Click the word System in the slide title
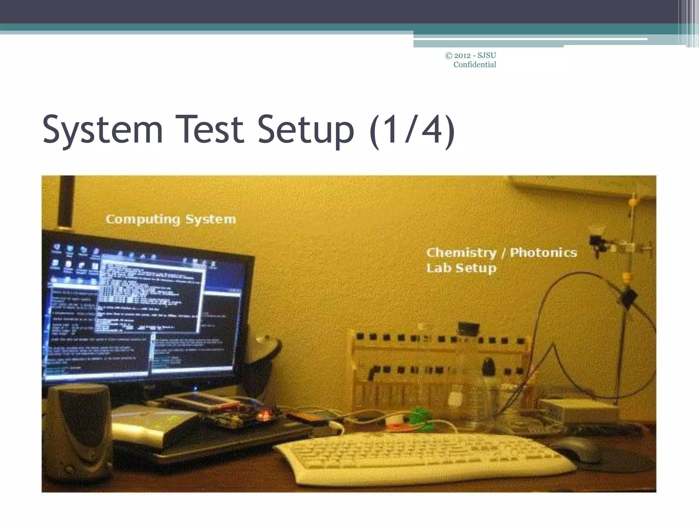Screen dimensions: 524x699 (102, 130)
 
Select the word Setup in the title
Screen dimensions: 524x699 (306, 130)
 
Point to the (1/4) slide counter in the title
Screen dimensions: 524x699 (412, 130)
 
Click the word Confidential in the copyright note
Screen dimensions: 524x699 (474, 65)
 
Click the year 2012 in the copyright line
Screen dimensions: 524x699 (463, 55)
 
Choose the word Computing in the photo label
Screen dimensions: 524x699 (142, 219)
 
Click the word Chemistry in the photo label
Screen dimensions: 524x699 (461, 253)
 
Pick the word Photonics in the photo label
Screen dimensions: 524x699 (543, 253)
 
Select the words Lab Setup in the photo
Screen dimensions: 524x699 (461, 268)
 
